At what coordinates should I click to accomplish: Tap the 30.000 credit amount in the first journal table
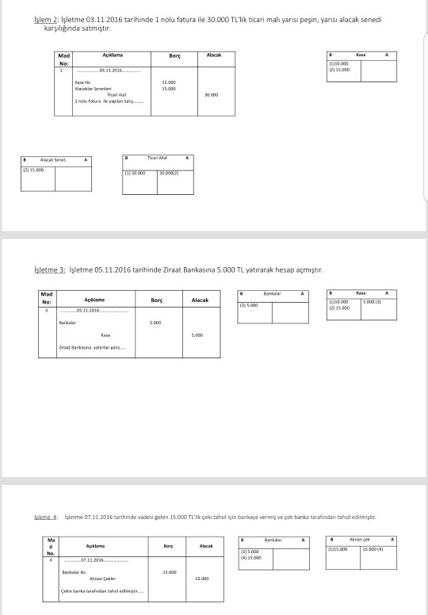(x=212, y=94)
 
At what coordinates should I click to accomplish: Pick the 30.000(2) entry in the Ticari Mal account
(x=172, y=172)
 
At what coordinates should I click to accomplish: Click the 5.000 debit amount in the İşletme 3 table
(x=156, y=323)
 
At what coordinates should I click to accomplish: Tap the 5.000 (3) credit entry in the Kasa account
(x=374, y=302)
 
